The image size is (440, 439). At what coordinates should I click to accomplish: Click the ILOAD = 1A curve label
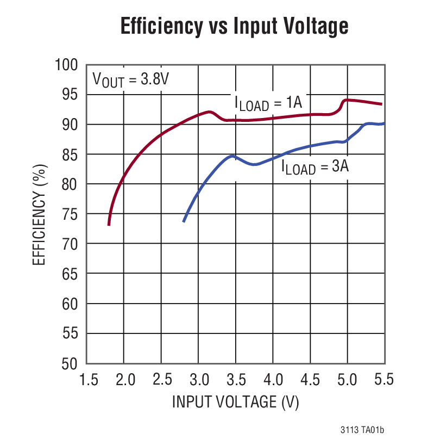pyautogui.click(x=268, y=102)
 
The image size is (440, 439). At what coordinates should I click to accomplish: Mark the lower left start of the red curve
pyautogui.click(x=109, y=224)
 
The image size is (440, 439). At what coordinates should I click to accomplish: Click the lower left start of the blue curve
pyautogui.click(x=184, y=221)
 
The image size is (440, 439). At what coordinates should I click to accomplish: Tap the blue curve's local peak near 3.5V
pyautogui.click(x=232, y=156)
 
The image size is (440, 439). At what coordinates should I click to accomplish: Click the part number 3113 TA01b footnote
pyautogui.click(x=362, y=430)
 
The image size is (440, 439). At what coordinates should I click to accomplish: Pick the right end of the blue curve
pyautogui.click(x=384, y=124)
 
